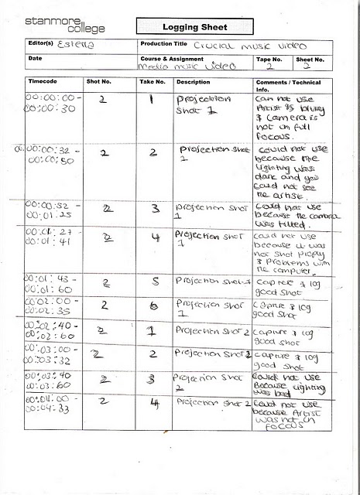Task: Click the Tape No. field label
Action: pyautogui.click(x=269, y=58)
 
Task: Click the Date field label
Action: pyautogui.click(x=35, y=58)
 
